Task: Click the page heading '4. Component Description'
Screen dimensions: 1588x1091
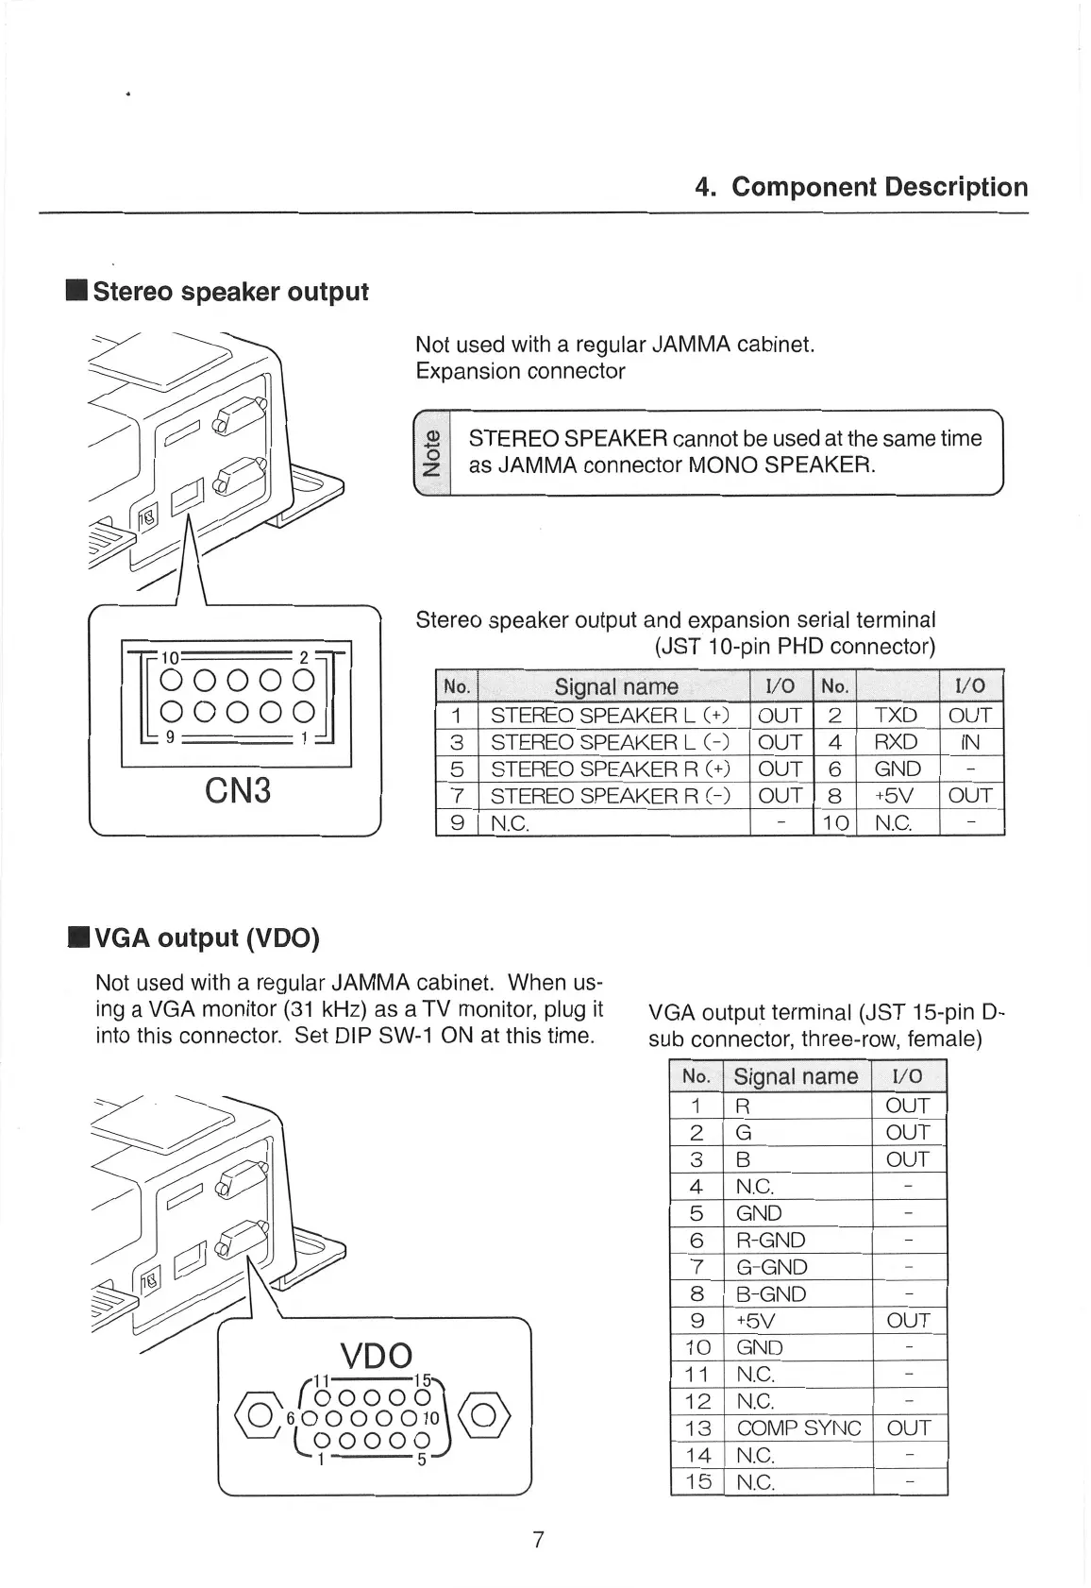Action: [x=861, y=187]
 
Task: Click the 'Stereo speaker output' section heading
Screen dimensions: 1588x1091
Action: [x=229, y=292]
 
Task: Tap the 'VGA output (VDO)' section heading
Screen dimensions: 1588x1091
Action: [x=207, y=938]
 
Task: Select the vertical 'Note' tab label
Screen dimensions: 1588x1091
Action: [x=432, y=452]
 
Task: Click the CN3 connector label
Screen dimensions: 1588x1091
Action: [x=237, y=789]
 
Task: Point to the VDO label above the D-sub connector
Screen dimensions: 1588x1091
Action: [x=376, y=1356]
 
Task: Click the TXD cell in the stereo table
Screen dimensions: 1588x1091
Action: [x=896, y=716]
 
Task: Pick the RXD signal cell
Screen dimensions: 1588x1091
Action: [x=896, y=742]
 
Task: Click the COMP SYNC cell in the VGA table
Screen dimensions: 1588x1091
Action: [x=798, y=1428]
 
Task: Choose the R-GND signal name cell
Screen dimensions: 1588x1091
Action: [x=771, y=1241]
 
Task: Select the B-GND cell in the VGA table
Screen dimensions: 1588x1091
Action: [x=771, y=1294]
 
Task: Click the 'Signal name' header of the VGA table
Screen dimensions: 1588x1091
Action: [x=796, y=1076]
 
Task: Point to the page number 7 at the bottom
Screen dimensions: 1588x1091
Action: [x=539, y=1540]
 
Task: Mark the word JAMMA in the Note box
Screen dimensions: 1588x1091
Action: [x=536, y=465]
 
